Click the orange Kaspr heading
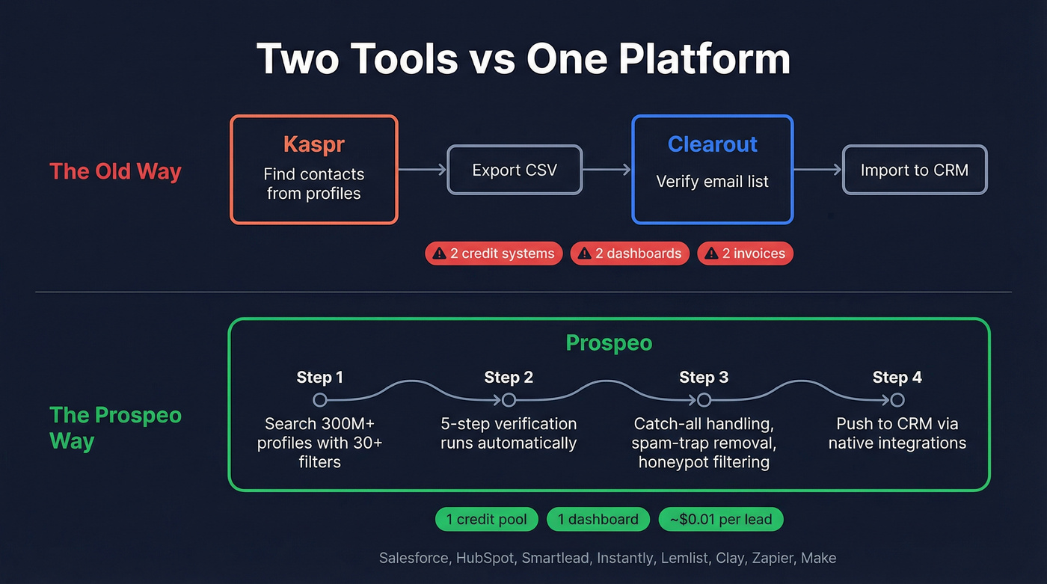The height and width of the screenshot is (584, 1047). coord(313,144)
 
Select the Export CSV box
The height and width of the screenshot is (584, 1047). coord(515,170)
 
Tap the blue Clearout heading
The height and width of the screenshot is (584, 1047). coord(712,144)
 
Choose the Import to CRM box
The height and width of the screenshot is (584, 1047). coord(914,170)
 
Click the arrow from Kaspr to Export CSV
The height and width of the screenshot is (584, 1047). coord(422,170)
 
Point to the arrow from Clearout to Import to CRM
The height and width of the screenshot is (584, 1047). coord(817,170)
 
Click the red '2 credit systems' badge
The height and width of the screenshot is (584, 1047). coord(494,253)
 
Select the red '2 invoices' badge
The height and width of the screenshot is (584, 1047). coord(745,253)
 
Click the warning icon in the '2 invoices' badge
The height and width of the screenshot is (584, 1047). coord(711,253)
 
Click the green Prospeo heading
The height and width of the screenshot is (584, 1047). coord(609,343)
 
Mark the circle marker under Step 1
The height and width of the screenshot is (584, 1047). coord(320,399)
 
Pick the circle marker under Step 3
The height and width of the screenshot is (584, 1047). coord(704,399)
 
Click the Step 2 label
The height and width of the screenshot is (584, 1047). coord(509,378)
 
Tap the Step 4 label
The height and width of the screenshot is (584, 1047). coord(897,378)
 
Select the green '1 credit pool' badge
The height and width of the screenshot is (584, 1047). coord(486,519)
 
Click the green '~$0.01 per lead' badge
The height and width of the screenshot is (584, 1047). coord(720,519)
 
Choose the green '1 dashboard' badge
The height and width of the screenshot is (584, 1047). coord(598,519)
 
